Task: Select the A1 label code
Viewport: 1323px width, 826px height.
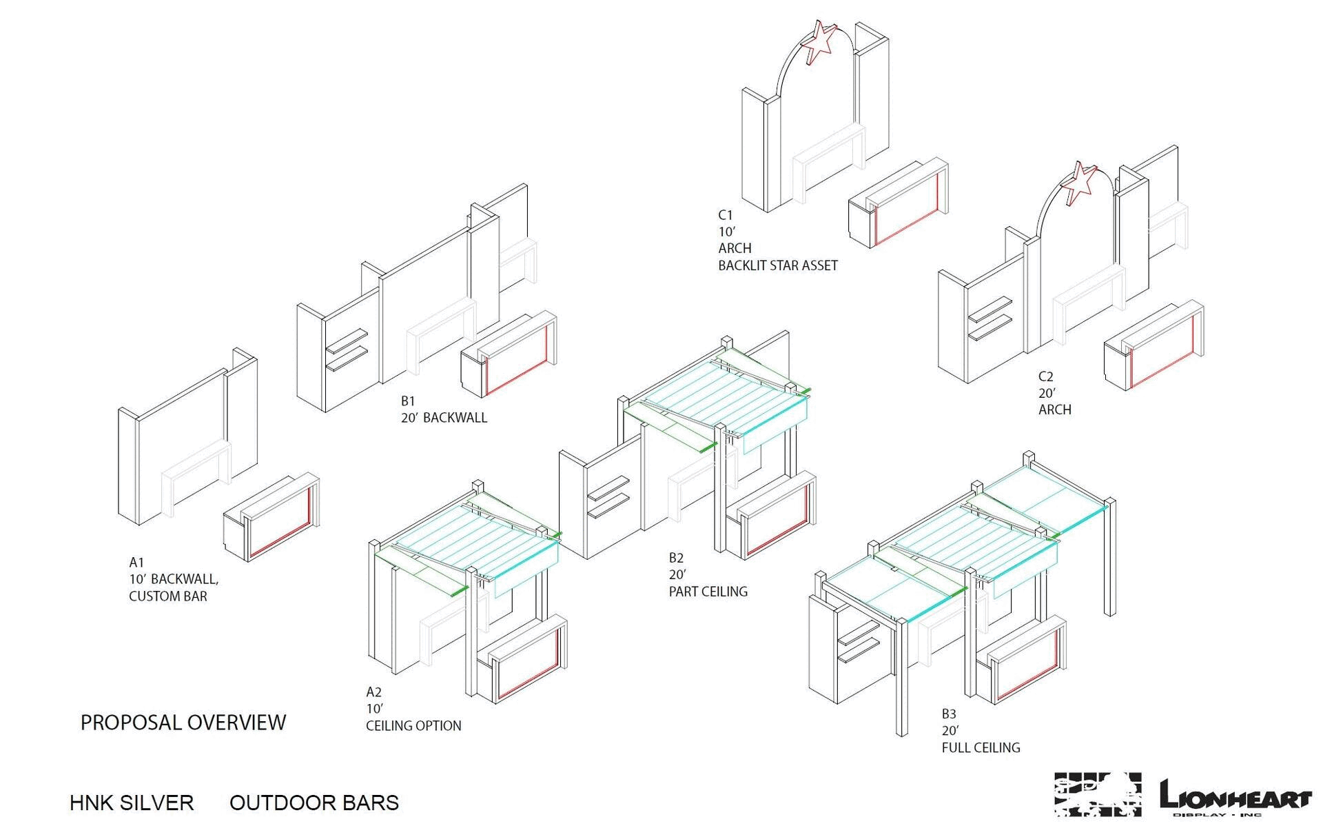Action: (136, 563)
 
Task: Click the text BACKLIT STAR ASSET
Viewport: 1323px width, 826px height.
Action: (778, 265)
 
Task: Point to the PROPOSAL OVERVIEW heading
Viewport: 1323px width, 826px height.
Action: (183, 723)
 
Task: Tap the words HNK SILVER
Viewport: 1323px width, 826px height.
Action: (132, 803)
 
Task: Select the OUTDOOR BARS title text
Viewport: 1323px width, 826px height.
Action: (314, 803)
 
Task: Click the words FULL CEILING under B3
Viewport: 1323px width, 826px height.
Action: (981, 747)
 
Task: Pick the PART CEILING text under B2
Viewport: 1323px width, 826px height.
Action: (708, 592)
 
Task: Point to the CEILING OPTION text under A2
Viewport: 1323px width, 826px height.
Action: (413, 726)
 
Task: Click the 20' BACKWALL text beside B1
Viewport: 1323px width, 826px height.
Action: (444, 418)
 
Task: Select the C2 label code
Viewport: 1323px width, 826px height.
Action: (1045, 377)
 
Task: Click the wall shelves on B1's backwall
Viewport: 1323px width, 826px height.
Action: (346, 350)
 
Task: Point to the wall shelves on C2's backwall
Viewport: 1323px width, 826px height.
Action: (989, 319)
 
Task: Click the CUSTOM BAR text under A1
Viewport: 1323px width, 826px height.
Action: (167, 596)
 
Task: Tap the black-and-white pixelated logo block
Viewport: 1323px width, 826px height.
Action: (1097, 795)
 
